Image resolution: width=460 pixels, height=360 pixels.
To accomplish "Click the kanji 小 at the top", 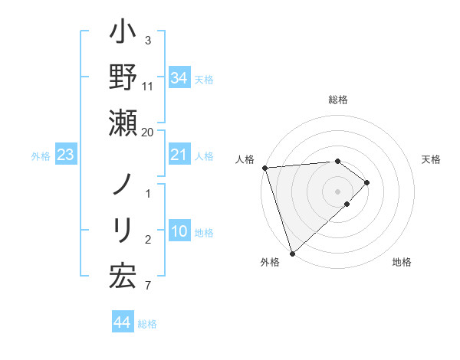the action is point(123,35).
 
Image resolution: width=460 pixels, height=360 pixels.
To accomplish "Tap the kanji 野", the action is point(123,78).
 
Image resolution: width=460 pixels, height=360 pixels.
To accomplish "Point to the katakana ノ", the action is point(123,186).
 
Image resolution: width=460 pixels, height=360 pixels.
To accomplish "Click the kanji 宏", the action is point(123,277).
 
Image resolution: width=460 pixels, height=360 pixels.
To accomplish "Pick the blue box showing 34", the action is point(179,77).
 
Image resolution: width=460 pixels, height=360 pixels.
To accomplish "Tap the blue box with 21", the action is point(179,155).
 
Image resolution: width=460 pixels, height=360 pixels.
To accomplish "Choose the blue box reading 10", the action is point(179,231).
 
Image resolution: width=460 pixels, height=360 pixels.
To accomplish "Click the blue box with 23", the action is point(65,155).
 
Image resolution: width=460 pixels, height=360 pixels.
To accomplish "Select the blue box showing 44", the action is point(122,322).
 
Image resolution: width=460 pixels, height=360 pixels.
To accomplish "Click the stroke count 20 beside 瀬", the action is point(147,132).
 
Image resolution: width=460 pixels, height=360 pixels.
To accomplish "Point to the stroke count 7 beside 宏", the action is point(147,286).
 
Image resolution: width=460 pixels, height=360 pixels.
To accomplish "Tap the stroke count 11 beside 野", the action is point(148,86).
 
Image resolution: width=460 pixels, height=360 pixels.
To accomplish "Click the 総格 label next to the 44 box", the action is point(147,324).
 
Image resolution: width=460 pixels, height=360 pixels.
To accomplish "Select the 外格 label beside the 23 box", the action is point(41,156).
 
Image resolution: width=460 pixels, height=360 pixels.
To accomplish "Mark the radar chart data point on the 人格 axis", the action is point(264,168).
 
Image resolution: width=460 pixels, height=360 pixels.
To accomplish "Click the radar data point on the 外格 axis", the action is point(292,253).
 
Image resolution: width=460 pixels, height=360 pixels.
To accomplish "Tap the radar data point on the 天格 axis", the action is point(367,182).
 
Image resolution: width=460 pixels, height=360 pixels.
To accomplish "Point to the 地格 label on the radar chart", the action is point(402,263).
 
